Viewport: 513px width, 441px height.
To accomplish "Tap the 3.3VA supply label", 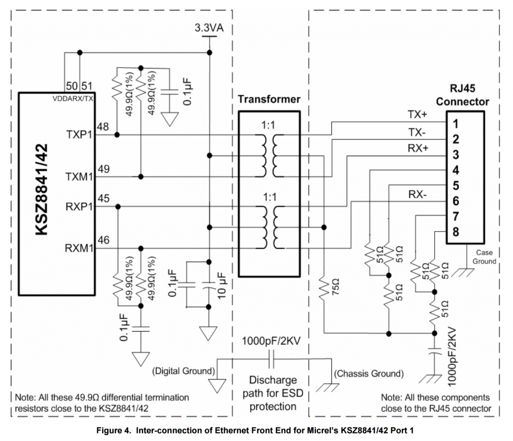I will tap(209, 28).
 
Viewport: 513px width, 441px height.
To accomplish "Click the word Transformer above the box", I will tap(269, 99).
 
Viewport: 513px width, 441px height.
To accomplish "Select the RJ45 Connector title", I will tap(462, 96).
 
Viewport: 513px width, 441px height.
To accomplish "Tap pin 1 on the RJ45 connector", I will tap(455, 123).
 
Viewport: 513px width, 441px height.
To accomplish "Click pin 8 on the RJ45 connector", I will tap(455, 232).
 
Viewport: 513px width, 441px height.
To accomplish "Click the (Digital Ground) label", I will tap(183, 371).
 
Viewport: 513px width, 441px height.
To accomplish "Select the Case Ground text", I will tap(484, 257).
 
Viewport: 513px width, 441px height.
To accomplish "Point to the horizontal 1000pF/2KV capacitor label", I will tap(271, 342).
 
